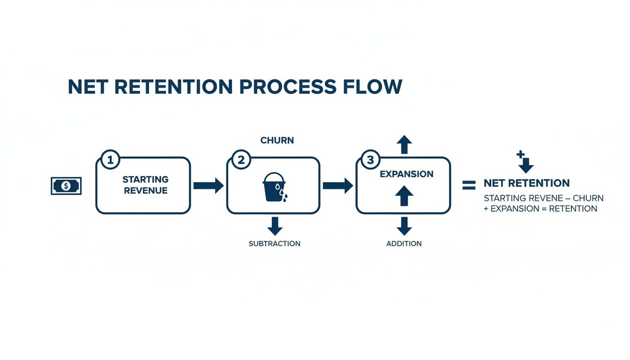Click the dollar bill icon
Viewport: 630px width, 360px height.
66,186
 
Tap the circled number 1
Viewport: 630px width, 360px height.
110,160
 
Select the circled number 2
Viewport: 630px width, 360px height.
241,160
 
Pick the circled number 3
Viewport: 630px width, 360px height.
370,160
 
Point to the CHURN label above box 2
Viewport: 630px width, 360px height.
277,140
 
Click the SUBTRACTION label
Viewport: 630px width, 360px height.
274,244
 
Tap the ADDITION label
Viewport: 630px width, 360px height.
404,244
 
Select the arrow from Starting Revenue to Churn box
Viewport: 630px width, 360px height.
209,186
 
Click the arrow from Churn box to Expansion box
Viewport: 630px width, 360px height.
338,186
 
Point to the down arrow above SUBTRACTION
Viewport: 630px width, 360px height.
275,226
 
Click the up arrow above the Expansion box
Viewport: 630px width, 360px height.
404,144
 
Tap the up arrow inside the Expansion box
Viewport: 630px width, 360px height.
404,195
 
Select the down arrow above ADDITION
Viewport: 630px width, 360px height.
404,226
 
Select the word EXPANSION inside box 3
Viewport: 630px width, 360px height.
406,174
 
